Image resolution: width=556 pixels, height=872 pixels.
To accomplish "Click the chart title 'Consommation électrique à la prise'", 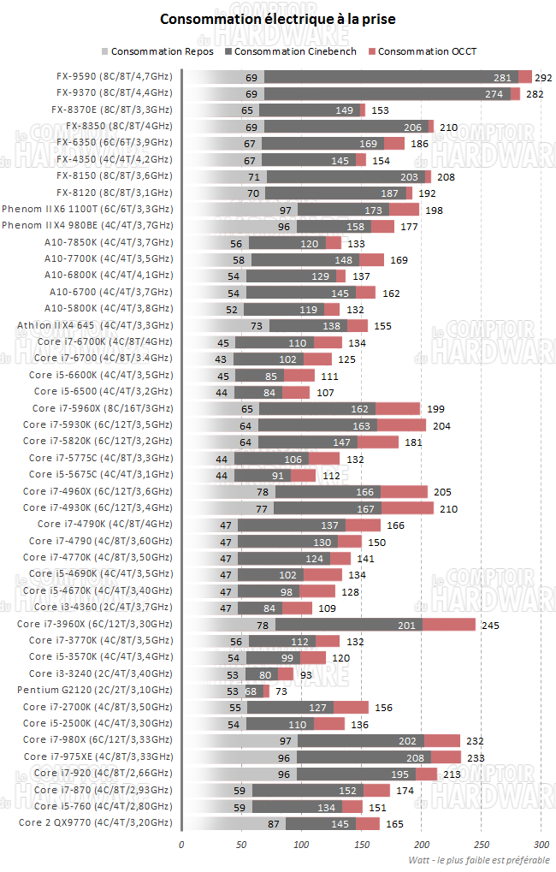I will pyautogui.click(x=278, y=18).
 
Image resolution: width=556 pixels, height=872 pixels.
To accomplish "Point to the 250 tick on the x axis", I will pyautogui.click(x=481, y=843).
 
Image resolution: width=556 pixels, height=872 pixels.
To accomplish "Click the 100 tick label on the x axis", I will pyautogui.click(x=301, y=843).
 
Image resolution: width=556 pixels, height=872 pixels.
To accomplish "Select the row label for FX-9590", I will pyautogui.click(x=111, y=76).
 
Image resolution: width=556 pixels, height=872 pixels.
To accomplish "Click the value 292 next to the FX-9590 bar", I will pyautogui.click(x=544, y=77).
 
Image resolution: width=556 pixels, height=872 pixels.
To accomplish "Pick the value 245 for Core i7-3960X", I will pyautogui.click(x=490, y=626).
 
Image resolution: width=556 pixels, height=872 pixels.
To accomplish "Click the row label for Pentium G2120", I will pyautogui.click(x=95, y=691).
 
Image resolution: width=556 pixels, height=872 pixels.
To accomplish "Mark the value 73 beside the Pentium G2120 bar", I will pyautogui.click(x=281, y=691).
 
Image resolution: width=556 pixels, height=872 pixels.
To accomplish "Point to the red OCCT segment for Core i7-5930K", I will pyautogui.click(x=401, y=425).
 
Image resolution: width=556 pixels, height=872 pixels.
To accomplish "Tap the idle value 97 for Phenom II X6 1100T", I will pyautogui.click(x=287, y=210).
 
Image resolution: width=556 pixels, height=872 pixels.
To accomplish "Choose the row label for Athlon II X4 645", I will pyautogui.click(x=95, y=325).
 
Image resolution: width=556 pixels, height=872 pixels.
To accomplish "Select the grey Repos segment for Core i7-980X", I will pyautogui.click(x=240, y=740).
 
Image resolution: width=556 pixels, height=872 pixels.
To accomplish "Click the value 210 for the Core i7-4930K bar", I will pyautogui.click(x=448, y=508).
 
